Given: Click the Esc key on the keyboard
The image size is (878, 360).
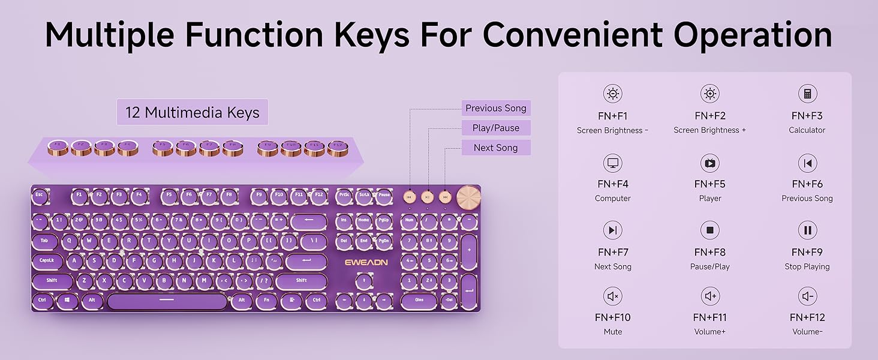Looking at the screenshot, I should coord(40,195).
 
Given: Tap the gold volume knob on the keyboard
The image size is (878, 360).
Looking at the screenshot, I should coord(467,196).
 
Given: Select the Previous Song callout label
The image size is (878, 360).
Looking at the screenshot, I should coord(495,108).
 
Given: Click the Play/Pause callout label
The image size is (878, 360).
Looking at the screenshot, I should coord(495,128).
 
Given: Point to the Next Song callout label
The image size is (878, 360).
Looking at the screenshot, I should coord(495,148).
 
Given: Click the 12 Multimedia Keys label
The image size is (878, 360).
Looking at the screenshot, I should coord(192,112).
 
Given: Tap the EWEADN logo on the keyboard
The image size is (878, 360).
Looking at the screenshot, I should coord(366,262).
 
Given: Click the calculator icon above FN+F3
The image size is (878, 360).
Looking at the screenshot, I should coord(807,94).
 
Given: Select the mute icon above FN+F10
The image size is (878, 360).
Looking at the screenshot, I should coord(612,296).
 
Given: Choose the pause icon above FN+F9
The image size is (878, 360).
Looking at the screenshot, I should coord(807,230).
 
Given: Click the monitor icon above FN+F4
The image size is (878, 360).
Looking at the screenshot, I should coord(612,163).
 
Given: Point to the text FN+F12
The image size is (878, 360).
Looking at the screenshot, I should coord(807,317).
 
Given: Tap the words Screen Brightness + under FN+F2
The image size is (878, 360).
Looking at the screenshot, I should coord(709,130).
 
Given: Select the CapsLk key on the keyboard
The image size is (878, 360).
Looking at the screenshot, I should coord(47,261).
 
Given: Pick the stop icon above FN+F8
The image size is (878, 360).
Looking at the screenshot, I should coord(709,230).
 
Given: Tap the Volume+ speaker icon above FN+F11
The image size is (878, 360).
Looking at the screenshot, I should coord(710,296).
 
